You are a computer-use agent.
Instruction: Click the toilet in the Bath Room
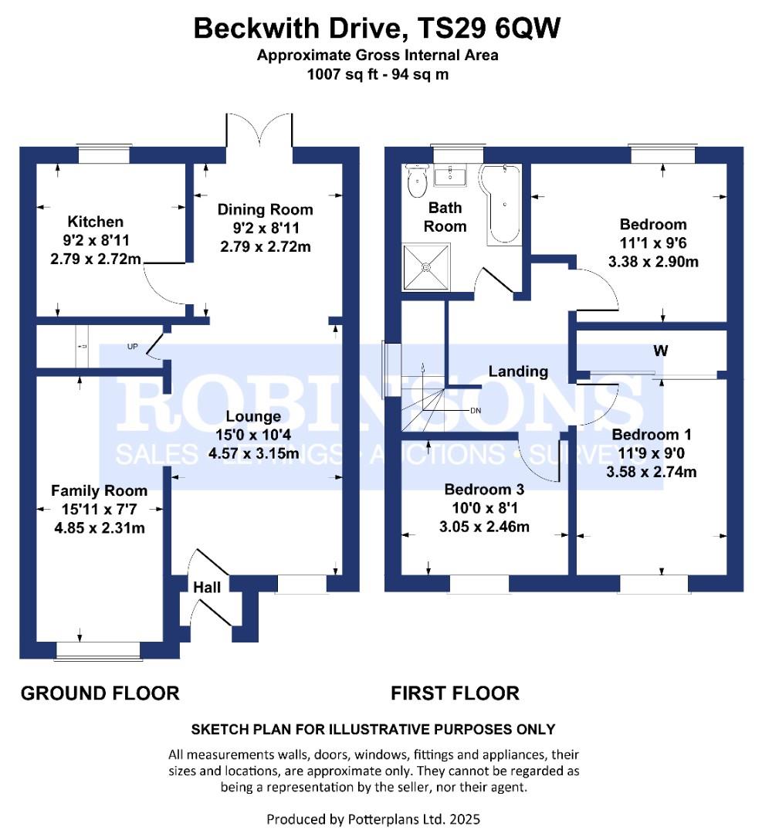[x=417, y=180]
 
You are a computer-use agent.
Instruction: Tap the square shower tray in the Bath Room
[x=426, y=267]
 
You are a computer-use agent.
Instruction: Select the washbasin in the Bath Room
[x=450, y=175]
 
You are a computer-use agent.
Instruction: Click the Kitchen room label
[x=95, y=222]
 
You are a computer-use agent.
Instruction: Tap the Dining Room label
[x=265, y=209]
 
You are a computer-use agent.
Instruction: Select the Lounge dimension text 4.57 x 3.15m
[x=253, y=454]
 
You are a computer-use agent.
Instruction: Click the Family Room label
[x=99, y=490]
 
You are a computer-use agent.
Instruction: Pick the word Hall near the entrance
[x=207, y=587]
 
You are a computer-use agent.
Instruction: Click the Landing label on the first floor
[x=518, y=371]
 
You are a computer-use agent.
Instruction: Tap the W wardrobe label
[x=660, y=351]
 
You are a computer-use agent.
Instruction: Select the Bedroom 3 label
[x=484, y=490]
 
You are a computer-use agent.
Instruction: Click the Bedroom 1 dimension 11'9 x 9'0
[x=652, y=453]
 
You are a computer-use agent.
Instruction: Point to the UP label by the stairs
[x=133, y=347]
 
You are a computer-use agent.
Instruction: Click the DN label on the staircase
[x=476, y=411]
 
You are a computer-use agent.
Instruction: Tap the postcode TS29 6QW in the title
[x=489, y=29]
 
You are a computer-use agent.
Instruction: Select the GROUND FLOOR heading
[x=100, y=693]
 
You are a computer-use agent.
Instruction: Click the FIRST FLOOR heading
[x=456, y=693]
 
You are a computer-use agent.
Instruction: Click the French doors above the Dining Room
[x=259, y=131]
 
